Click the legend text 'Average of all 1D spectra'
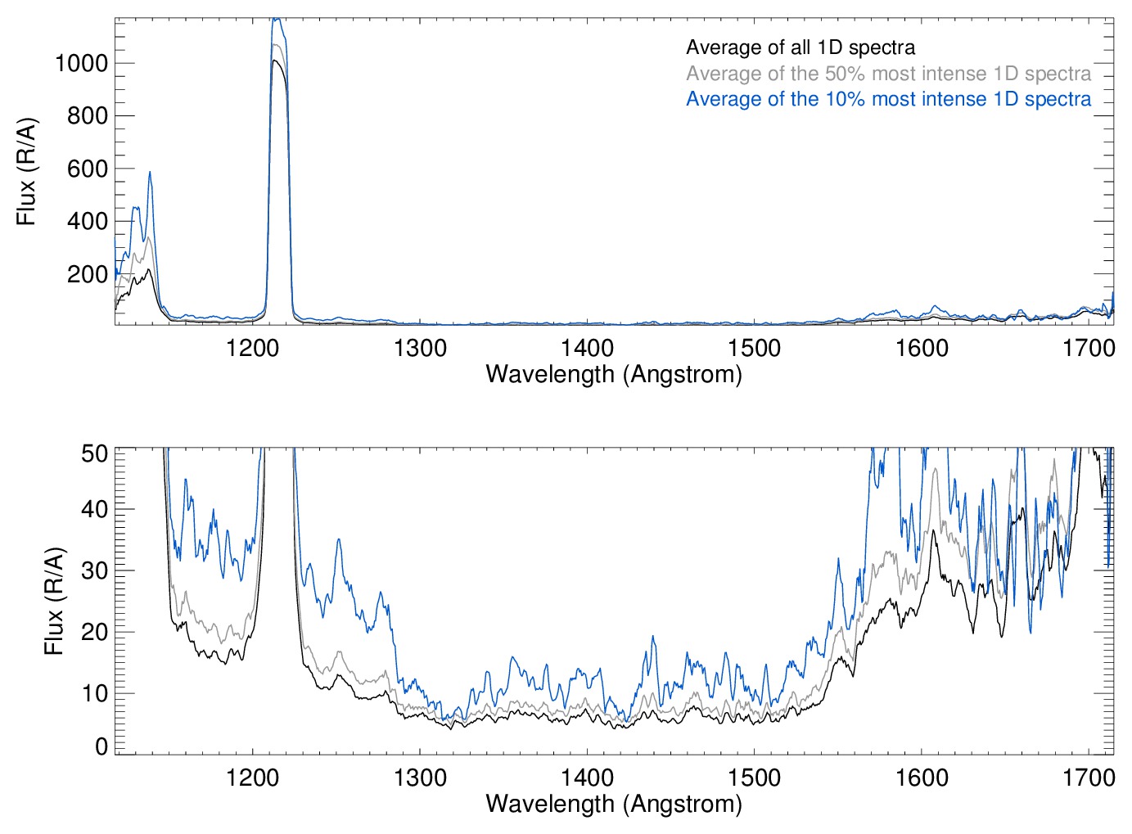pos(800,47)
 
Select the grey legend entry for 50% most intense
pos(888,74)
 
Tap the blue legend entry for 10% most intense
pos(888,99)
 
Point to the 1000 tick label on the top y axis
pos(81,63)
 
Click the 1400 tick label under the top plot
pos(587,349)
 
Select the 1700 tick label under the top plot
pos(1089,349)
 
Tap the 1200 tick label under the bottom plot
pos(252,778)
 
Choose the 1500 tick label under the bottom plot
pos(754,778)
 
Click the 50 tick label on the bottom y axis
pos(95,453)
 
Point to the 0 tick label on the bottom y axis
pos(101,746)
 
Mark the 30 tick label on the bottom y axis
pos(95,570)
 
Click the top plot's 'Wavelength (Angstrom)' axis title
pos(614,374)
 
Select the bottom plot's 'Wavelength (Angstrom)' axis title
pos(614,804)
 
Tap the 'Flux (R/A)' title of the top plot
pos(27,172)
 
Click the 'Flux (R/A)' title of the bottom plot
pos(54,602)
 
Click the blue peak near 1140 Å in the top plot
pos(150,172)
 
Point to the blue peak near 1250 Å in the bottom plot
pos(338,539)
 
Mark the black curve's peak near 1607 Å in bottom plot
pos(933,531)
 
